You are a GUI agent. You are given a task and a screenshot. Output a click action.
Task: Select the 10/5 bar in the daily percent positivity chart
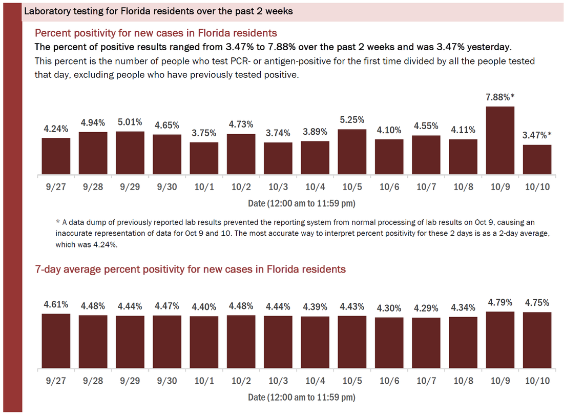click(x=352, y=152)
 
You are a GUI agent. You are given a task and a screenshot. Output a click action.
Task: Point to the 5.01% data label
click(x=130, y=122)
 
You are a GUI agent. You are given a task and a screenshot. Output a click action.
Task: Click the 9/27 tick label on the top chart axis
click(x=55, y=187)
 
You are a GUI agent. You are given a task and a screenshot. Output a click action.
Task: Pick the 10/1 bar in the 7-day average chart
click(x=204, y=342)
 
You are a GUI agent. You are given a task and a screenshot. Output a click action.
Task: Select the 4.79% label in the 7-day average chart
click(x=500, y=302)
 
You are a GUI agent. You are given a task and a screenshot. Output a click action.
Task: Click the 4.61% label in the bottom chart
click(x=55, y=304)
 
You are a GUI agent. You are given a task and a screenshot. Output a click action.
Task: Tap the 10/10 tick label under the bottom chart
click(x=537, y=381)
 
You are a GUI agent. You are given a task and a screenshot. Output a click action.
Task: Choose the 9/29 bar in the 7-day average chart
click(x=130, y=342)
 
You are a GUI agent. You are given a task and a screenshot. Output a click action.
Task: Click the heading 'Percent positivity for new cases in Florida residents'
click(x=156, y=33)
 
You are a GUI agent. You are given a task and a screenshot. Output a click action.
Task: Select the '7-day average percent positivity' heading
click(x=190, y=269)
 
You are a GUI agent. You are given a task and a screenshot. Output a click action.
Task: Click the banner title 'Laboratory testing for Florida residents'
click(x=159, y=11)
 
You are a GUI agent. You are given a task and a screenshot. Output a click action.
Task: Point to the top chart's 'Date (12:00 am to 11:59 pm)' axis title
click(x=301, y=203)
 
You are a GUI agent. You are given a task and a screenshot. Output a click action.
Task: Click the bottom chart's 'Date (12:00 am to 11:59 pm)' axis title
click(x=301, y=397)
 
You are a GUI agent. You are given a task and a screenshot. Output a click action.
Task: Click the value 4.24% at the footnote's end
click(x=106, y=245)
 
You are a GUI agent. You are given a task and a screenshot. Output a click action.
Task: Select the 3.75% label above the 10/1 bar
click(x=204, y=133)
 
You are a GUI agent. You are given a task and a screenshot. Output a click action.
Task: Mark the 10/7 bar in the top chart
click(x=426, y=155)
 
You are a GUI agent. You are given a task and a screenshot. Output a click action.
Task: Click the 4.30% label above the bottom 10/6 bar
click(x=389, y=308)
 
